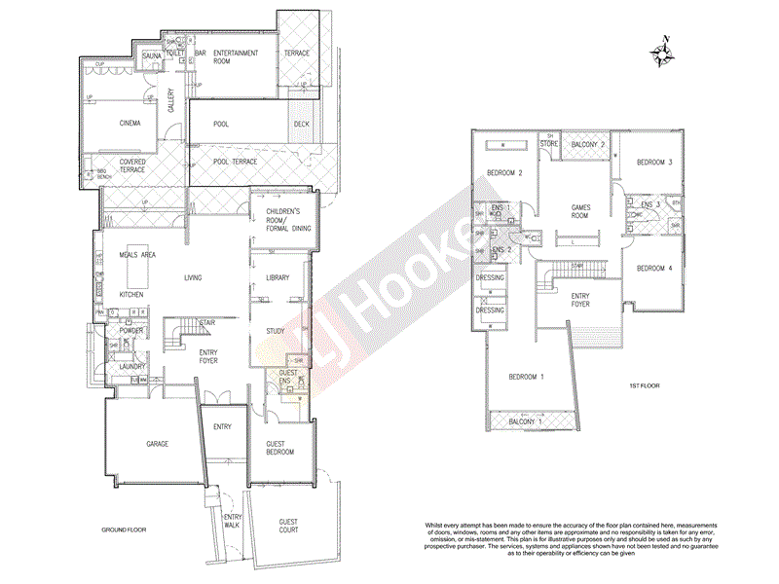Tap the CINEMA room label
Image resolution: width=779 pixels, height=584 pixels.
tap(130, 124)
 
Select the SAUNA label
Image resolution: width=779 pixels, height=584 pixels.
tap(151, 57)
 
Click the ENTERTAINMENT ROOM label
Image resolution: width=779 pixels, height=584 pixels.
tap(236, 57)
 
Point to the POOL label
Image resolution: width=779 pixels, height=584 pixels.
tap(221, 125)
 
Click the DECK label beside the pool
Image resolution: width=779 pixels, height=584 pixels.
tap(302, 125)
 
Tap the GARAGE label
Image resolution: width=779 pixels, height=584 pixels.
tap(157, 444)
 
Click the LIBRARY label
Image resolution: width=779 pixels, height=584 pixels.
tap(278, 279)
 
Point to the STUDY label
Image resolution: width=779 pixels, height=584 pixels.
tap(277, 332)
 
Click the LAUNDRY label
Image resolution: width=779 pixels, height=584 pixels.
tap(133, 367)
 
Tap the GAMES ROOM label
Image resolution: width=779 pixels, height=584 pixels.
tap(581, 212)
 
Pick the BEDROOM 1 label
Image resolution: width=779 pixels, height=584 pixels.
tap(527, 376)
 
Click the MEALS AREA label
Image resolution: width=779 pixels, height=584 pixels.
tap(138, 254)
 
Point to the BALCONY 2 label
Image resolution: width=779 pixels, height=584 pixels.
tap(588, 145)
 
